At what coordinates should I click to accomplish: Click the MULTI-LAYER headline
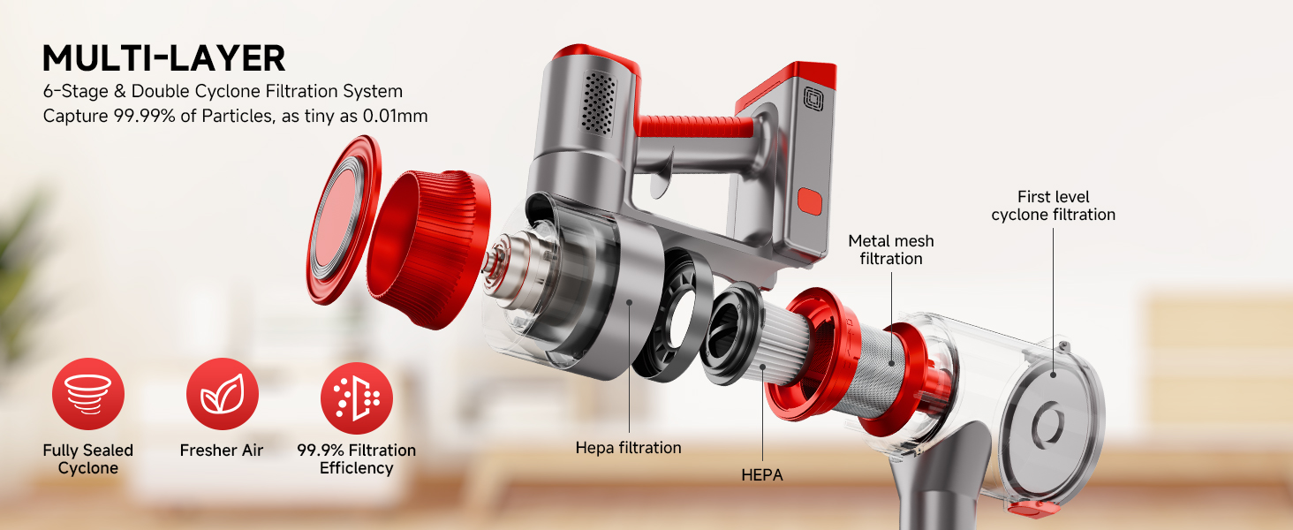click(x=164, y=58)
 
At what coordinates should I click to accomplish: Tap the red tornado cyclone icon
click(x=88, y=394)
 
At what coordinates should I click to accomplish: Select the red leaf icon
click(x=223, y=394)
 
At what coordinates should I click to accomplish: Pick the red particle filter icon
click(x=357, y=397)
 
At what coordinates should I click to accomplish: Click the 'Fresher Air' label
click(x=222, y=450)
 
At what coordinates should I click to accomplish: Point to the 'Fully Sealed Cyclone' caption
click(x=87, y=459)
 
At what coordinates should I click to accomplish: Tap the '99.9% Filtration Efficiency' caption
click(x=356, y=459)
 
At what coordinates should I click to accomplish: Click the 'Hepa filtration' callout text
click(x=628, y=448)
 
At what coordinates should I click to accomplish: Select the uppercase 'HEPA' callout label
click(x=762, y=475)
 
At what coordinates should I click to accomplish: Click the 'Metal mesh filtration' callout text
click(x=890, y=249)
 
